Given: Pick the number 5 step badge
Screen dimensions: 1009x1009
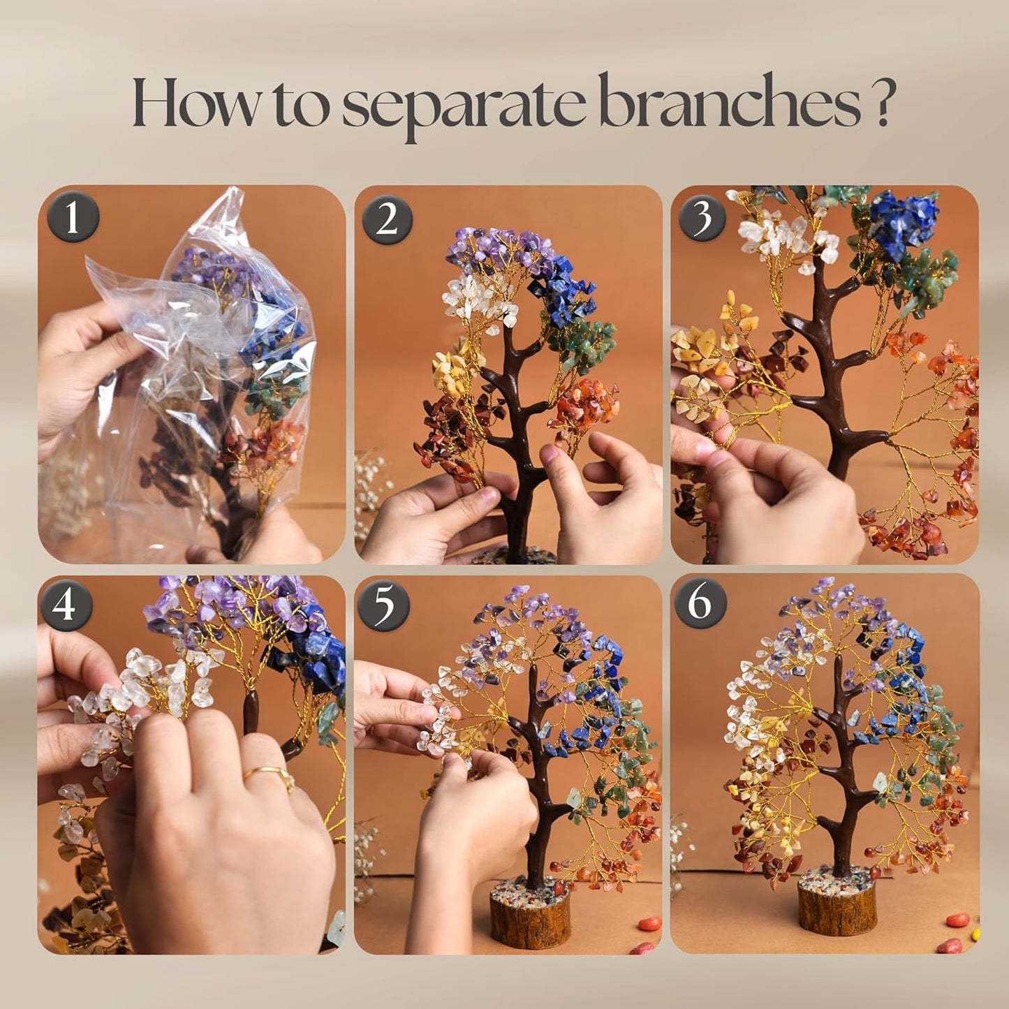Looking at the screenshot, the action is tap(384, 604).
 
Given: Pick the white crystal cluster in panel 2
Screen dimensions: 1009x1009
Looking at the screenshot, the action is tap(479, 300).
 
